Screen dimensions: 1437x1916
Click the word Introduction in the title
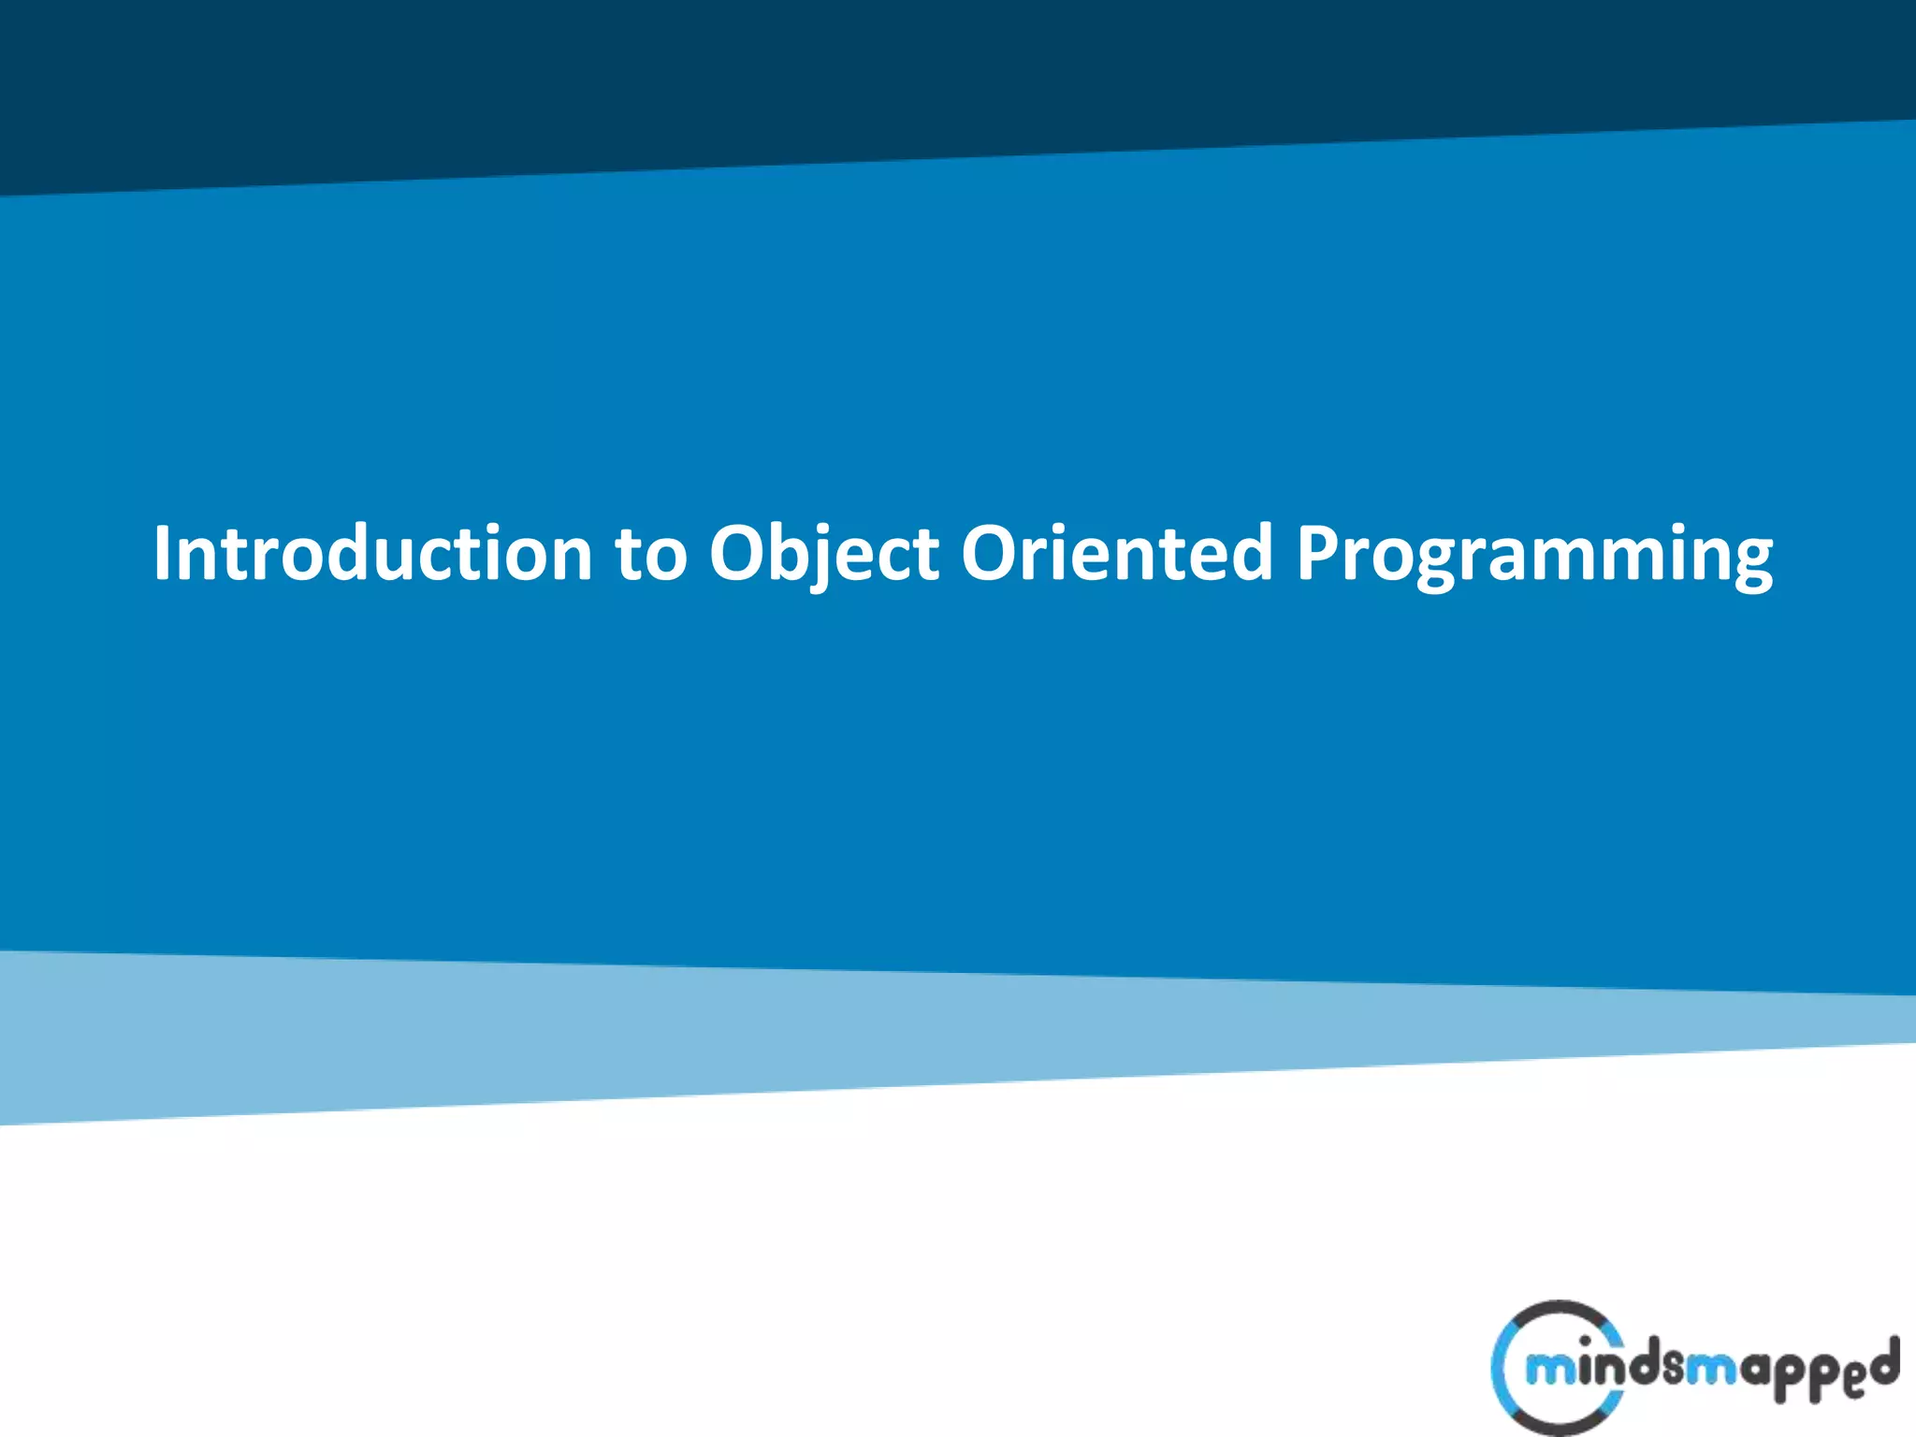pos(372,554)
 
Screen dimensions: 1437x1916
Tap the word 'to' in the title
pos(650,554)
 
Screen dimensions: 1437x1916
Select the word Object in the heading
pos(823,554)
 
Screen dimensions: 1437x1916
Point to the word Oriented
pos(1117,554)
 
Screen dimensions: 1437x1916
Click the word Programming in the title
pos(1534,554)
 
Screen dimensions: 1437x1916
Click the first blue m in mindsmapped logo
pos(1548,1371)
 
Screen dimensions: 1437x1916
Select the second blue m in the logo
pos(1711,1371)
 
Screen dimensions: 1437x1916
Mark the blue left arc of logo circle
pos(1499,1372)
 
